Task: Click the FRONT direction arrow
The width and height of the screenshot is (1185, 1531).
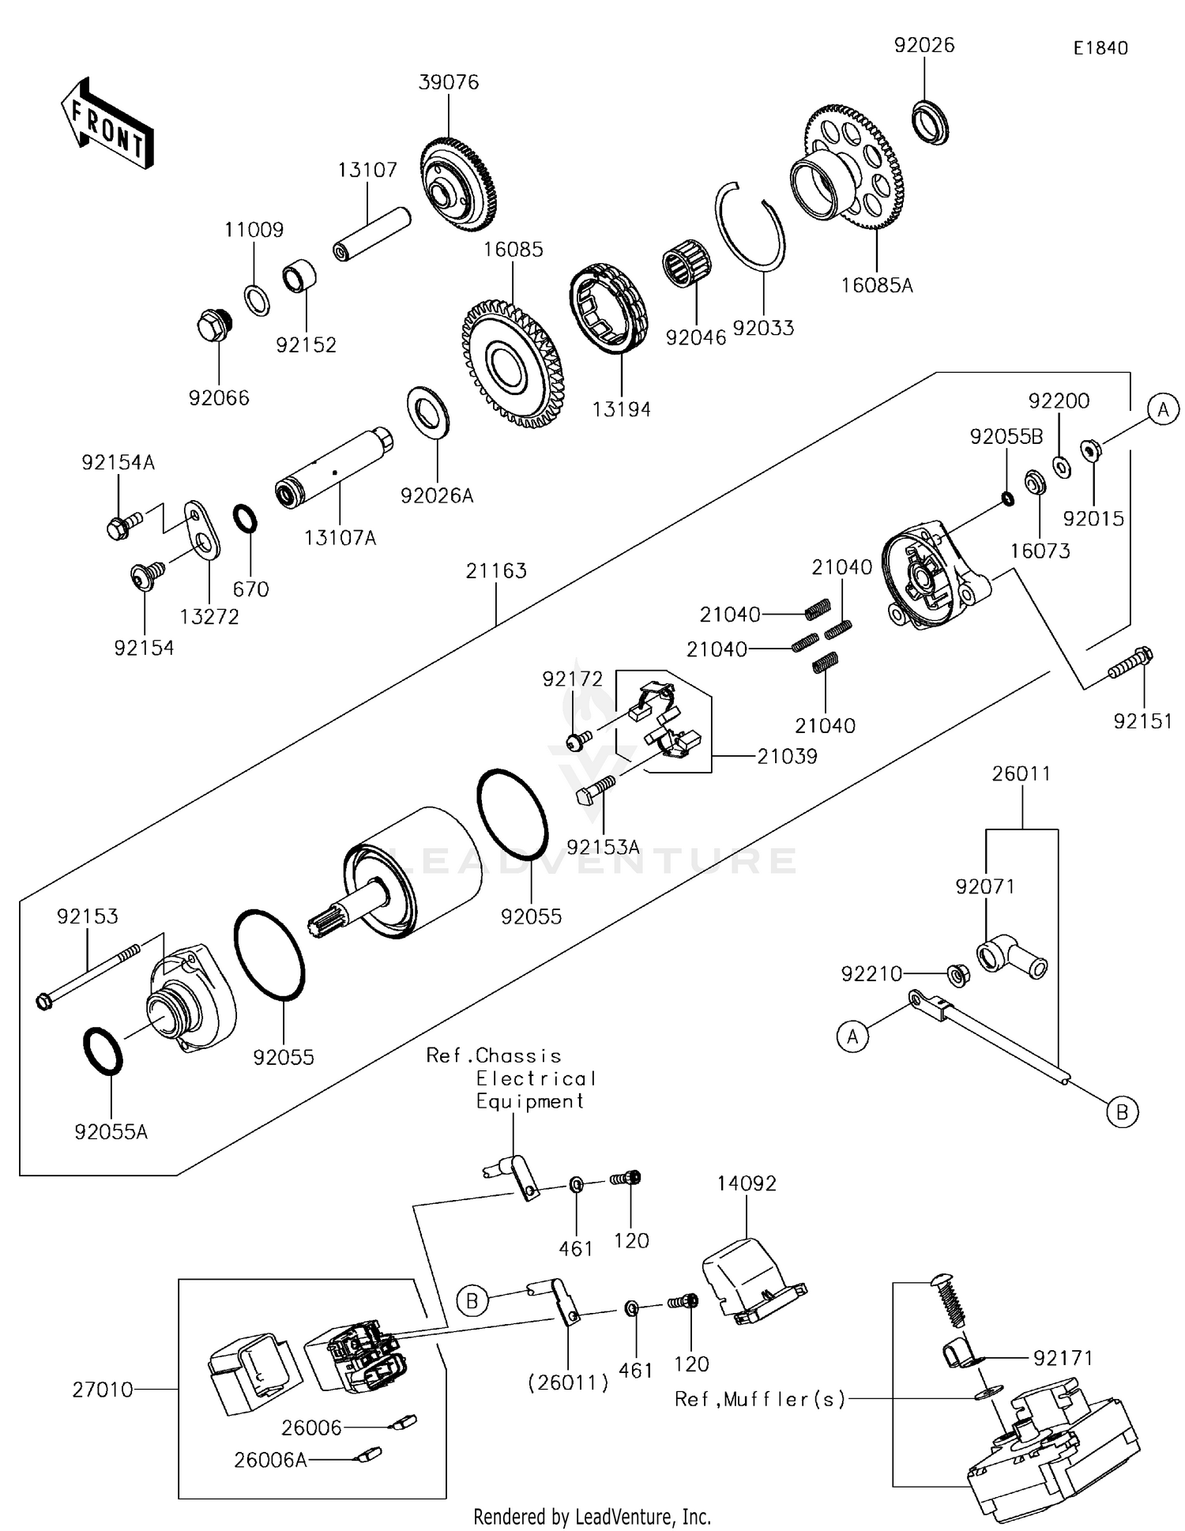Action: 107,124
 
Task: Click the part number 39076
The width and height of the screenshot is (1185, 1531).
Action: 448,82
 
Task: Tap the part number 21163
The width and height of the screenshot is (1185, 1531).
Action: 495,570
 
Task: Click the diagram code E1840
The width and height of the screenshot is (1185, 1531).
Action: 1100,48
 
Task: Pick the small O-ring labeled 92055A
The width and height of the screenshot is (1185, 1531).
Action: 103,1051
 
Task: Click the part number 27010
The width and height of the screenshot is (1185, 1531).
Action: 103,1389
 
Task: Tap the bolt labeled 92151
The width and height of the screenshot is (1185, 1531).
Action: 1130,663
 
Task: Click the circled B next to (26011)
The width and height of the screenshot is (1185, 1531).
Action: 472,1300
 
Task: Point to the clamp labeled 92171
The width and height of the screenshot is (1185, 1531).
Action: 957,1356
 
